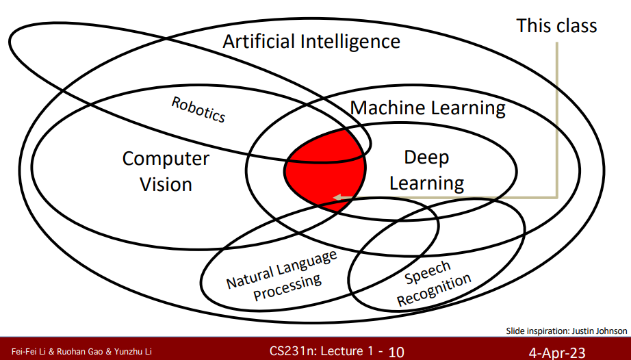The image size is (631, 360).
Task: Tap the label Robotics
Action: (198, 109)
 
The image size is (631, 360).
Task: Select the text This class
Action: (556, 26)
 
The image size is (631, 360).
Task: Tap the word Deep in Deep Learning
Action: (426, 157)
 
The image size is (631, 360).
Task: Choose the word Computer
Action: (166, 159)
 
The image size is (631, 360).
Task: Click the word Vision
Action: (166, 183)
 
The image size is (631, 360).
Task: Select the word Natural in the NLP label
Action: (252, 274)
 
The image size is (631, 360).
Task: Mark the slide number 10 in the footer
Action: (396, 352)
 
